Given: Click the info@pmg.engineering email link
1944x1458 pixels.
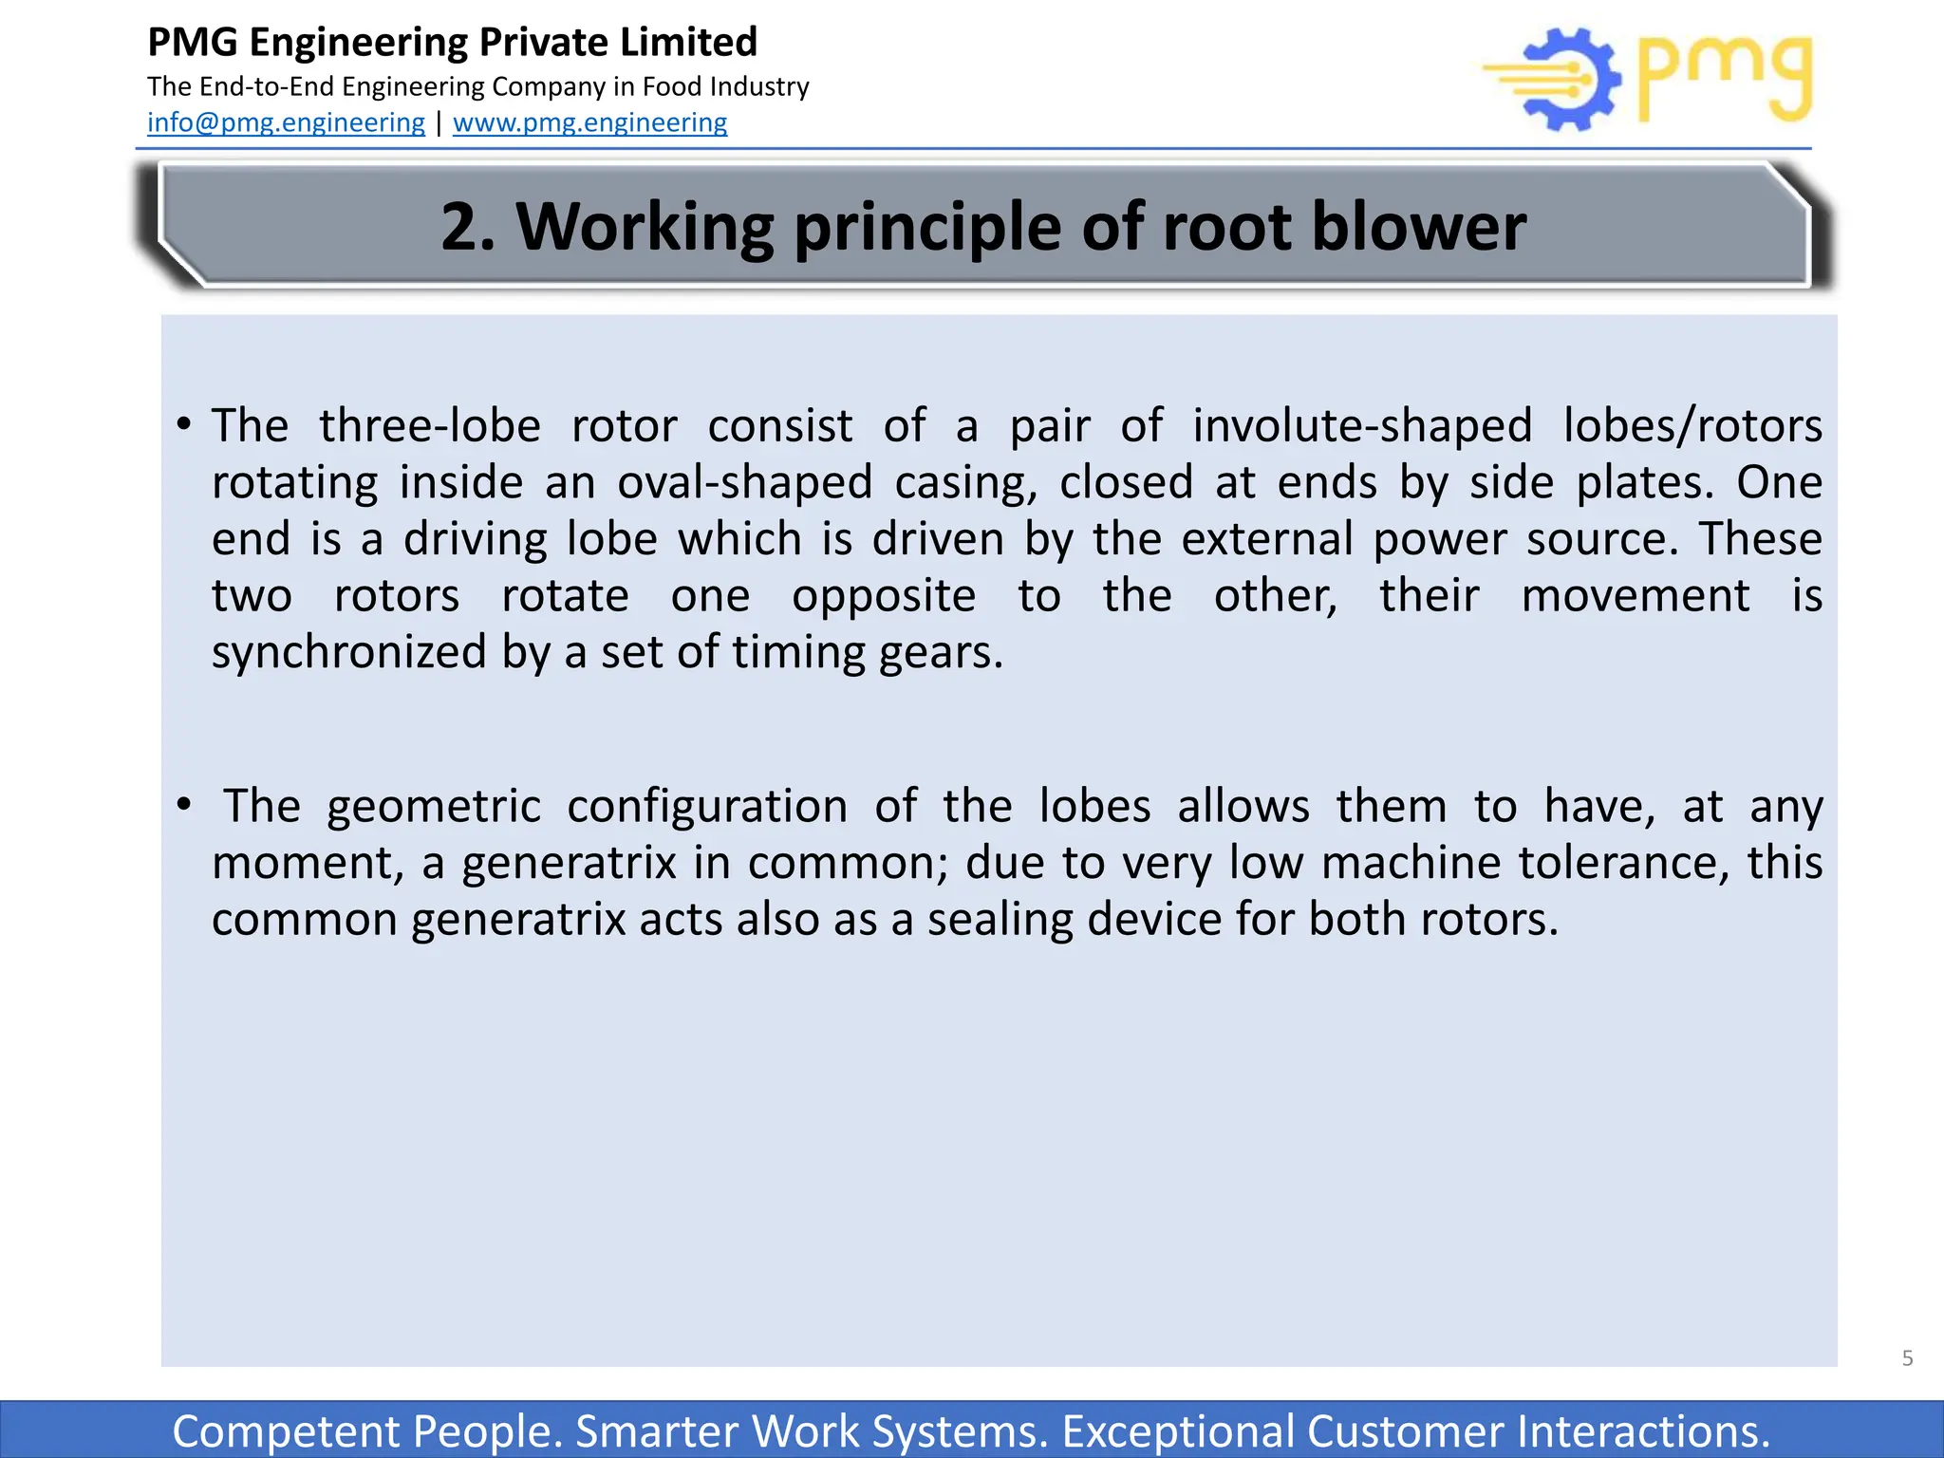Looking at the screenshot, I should [286, 122].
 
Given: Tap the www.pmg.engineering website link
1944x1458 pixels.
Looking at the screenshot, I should [589, 122].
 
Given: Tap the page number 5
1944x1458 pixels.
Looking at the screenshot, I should [1907, 1357].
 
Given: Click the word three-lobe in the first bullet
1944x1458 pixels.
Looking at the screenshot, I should [429, 425].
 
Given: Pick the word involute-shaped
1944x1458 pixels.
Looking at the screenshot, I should [1362, 425].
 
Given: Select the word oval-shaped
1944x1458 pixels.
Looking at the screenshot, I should [744, 482].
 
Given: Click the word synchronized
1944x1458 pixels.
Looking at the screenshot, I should [348, 652].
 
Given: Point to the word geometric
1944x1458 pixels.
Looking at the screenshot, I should [434, 806].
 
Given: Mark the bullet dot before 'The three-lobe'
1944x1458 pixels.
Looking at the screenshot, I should [184, 424].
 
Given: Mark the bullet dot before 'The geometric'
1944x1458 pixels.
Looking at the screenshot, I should [184, 805].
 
